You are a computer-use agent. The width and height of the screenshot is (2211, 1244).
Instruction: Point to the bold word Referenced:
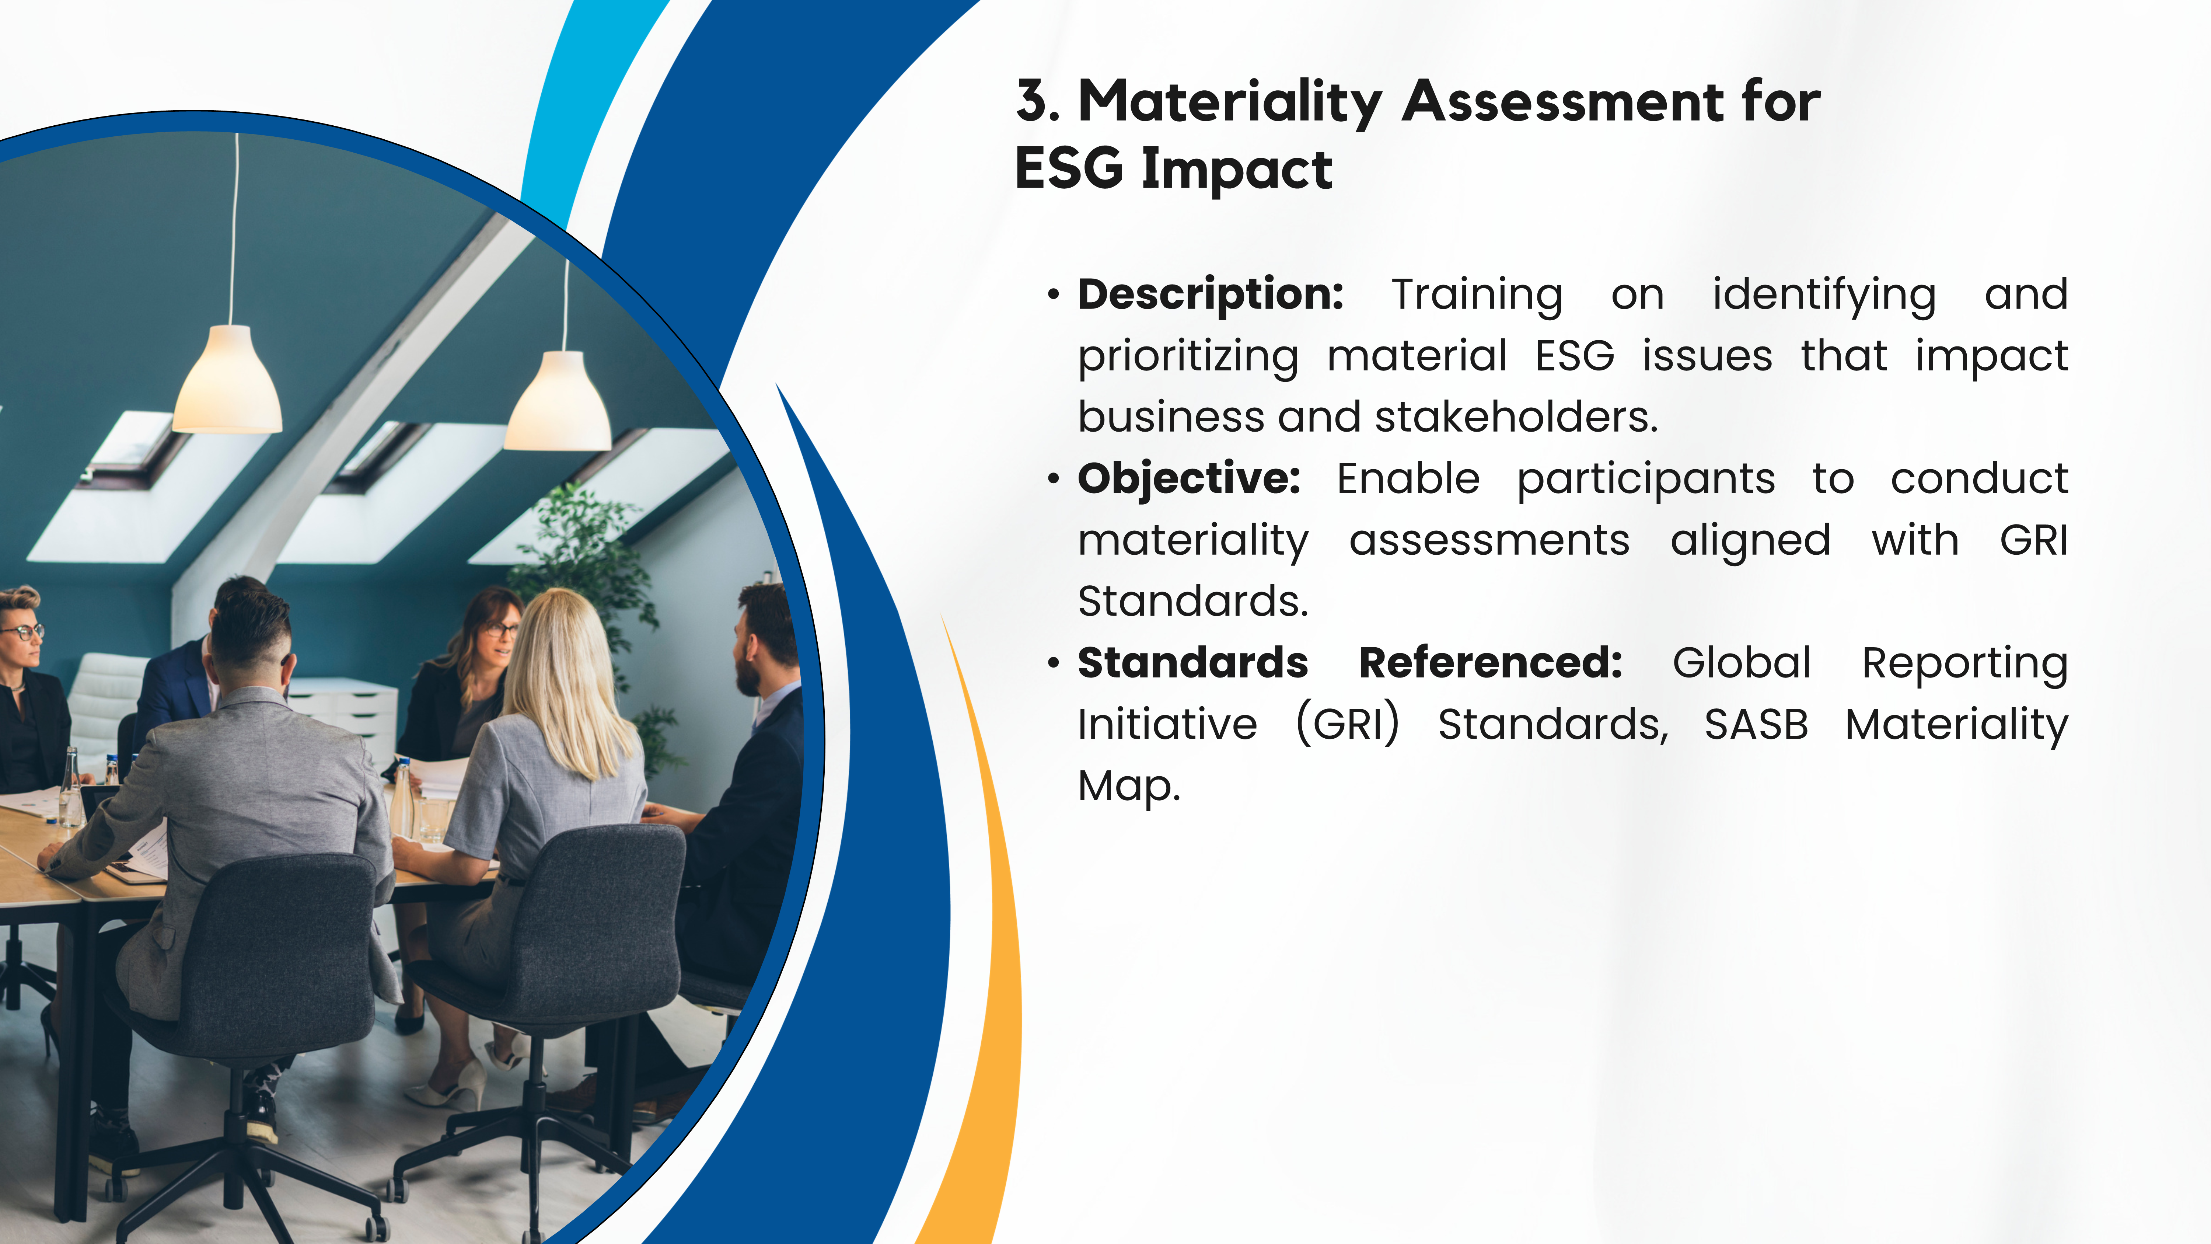tap(1490, 663)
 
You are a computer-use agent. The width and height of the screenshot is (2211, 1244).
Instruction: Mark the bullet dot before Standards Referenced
tap(1053, 663)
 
